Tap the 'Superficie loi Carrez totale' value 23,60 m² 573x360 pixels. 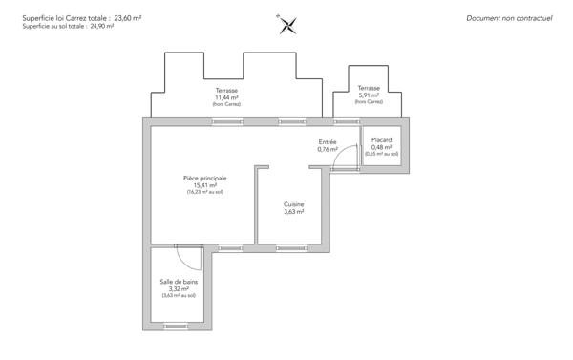pos(127,17)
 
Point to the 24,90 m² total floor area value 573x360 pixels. pos(102,27)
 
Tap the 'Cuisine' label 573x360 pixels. pos(294,204)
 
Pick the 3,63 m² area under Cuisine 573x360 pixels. pos(294,212)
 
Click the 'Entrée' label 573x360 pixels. pos(328,141)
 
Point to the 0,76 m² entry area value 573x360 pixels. pos(328,149)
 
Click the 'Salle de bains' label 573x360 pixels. pos(179,281)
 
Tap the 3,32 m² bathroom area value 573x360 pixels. pos(179,288)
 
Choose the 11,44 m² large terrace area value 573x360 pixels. pos(226,97)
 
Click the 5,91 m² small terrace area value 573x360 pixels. pos(368,95)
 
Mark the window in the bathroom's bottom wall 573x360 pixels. pos(178,326)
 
